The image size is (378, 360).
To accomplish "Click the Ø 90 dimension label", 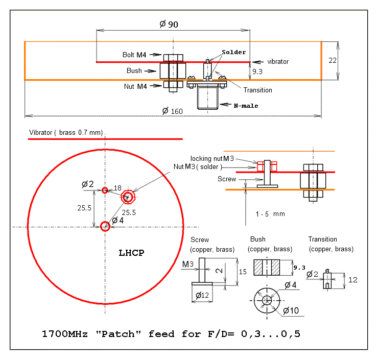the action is coord(169,25).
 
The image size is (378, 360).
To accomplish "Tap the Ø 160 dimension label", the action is coord(172,111).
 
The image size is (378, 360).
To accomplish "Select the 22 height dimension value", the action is coord(333,60).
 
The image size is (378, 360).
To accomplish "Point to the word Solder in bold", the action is coord(233,52).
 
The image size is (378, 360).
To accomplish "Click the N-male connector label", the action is coord(246,106).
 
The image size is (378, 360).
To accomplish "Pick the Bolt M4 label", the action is coord(134,55).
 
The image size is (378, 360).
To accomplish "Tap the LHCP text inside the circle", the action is coord(131,253).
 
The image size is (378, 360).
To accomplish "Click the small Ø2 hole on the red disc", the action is coord(105,190).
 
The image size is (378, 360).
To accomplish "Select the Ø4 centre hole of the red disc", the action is coord(105,226).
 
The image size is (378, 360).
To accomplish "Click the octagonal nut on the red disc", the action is coord(128,197).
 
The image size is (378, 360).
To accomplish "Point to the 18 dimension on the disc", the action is coord(117,188).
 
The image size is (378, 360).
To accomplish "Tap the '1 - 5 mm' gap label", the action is coord(270,214).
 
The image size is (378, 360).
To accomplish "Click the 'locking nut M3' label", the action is coord(212,158).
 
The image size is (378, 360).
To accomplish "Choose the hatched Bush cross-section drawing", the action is coord(267,268).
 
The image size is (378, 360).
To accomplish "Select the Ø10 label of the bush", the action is coord(291,310).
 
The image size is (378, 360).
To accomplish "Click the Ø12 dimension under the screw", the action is coord(202,295).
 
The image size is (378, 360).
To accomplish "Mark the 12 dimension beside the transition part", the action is coord(352,280).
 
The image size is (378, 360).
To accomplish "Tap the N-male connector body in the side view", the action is coord(207,98).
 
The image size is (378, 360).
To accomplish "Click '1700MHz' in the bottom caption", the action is coord(64,334).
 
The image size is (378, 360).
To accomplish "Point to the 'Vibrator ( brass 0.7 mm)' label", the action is coord(66,133).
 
